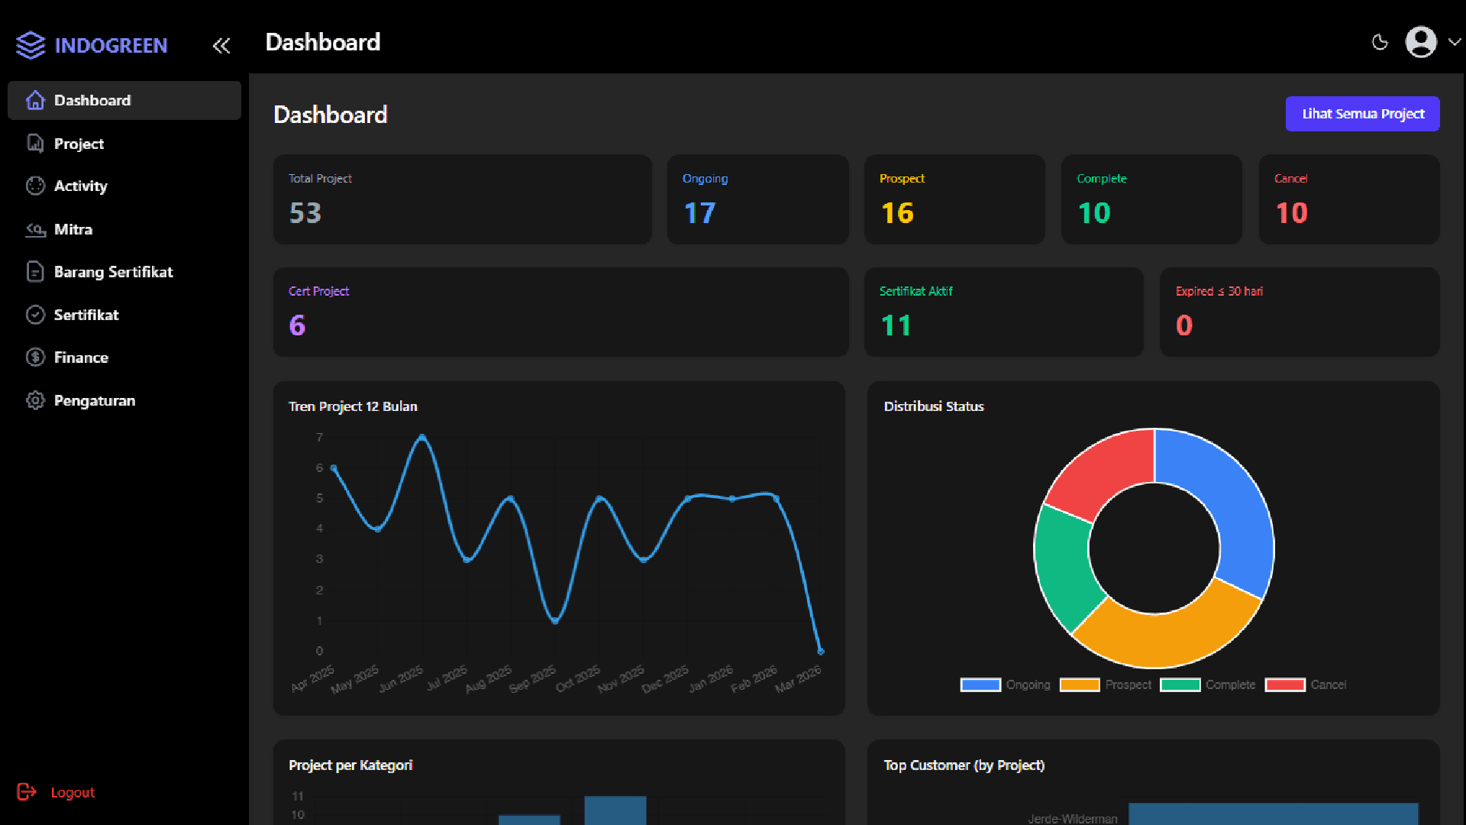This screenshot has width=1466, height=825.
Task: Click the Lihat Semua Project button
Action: (x=1362, y=114)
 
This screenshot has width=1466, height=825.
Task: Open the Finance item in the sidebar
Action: (x=81, y=357)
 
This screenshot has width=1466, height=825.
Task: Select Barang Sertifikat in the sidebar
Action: (x=113, y=272)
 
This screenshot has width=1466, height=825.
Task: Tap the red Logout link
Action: (x=72, y=792)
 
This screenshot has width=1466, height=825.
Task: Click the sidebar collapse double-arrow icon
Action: (x=221, y=46)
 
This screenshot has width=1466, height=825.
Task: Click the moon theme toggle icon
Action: (x=1380, y=43)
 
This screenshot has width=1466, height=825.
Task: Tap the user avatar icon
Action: (x=1421, y=43)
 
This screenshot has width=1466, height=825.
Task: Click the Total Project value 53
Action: (x=305, y=213)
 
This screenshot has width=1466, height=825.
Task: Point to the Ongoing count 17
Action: (x=699, y=213)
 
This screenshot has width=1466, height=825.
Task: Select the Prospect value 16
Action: (x=897, y=213)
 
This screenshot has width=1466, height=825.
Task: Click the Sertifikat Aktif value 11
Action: (x=896, y=326)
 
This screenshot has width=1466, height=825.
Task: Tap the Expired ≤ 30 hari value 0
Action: (x=1184, y=326)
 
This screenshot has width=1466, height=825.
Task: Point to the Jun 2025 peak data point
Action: (x=422, y=438)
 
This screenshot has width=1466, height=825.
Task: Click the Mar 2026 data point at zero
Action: (x=821, y=652)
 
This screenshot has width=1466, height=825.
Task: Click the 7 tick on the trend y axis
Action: (x=319, y=438)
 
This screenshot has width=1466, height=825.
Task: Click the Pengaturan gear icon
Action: (x=35, y=400)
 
